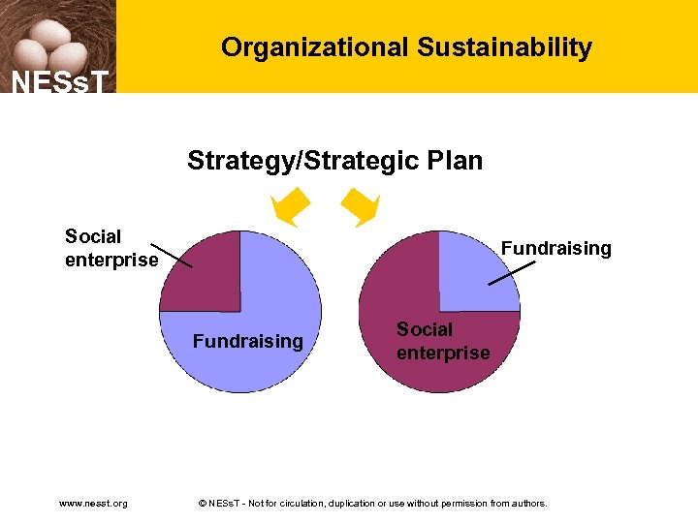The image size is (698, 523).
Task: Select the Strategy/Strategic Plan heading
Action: (334, 160)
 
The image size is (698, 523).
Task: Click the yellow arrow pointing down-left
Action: (290, 206)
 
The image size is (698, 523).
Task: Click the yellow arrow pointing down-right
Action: (360, 206)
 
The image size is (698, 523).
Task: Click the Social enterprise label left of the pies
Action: (111, 248)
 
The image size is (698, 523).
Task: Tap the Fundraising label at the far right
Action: (555, 248)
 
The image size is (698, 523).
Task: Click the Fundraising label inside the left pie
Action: (247, 341)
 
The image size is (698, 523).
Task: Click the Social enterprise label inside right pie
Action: (442, 341)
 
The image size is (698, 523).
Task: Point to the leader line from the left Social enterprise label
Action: (174, 255)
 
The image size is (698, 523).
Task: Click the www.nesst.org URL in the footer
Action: (93, 503)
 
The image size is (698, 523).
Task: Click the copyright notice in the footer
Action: (372, 503)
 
